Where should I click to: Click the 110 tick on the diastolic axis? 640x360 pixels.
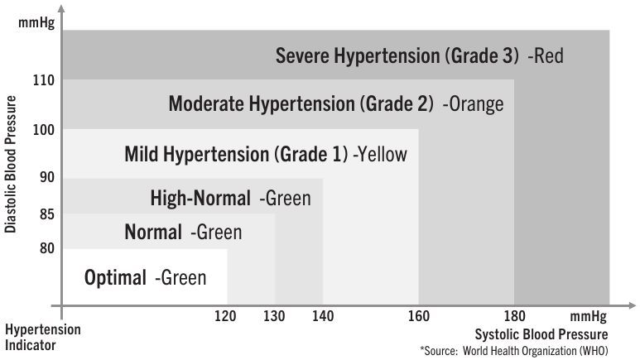tap(44, 80)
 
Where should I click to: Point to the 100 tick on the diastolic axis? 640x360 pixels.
tap(44, 129)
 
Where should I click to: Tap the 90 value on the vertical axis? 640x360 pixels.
tap(46, 177)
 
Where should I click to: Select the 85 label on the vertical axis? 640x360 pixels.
tap(46, 214)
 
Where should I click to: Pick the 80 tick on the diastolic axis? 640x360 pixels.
tap(46, 247)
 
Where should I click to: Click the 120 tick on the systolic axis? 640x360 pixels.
tap(226, 315)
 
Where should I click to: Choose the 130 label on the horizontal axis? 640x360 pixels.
tap(275, 315)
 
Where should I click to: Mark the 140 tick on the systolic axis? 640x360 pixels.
tap(323, 315)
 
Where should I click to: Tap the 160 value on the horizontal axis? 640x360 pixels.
tap(419, 315)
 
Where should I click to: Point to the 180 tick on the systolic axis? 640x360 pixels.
tap(514, 315)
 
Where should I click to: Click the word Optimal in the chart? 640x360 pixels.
tap(115, 277)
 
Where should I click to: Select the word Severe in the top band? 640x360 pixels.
tap(302, 56)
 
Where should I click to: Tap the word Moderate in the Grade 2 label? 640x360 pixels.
tap(204, 104)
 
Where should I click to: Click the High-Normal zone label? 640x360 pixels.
tap(200, 198)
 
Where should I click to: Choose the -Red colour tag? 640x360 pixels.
tap(546, 56)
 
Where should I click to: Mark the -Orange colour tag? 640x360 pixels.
tap(473, 104)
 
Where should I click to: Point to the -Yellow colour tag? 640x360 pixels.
tap(380, 154)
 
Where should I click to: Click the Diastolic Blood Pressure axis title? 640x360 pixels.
tap(11, 164)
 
